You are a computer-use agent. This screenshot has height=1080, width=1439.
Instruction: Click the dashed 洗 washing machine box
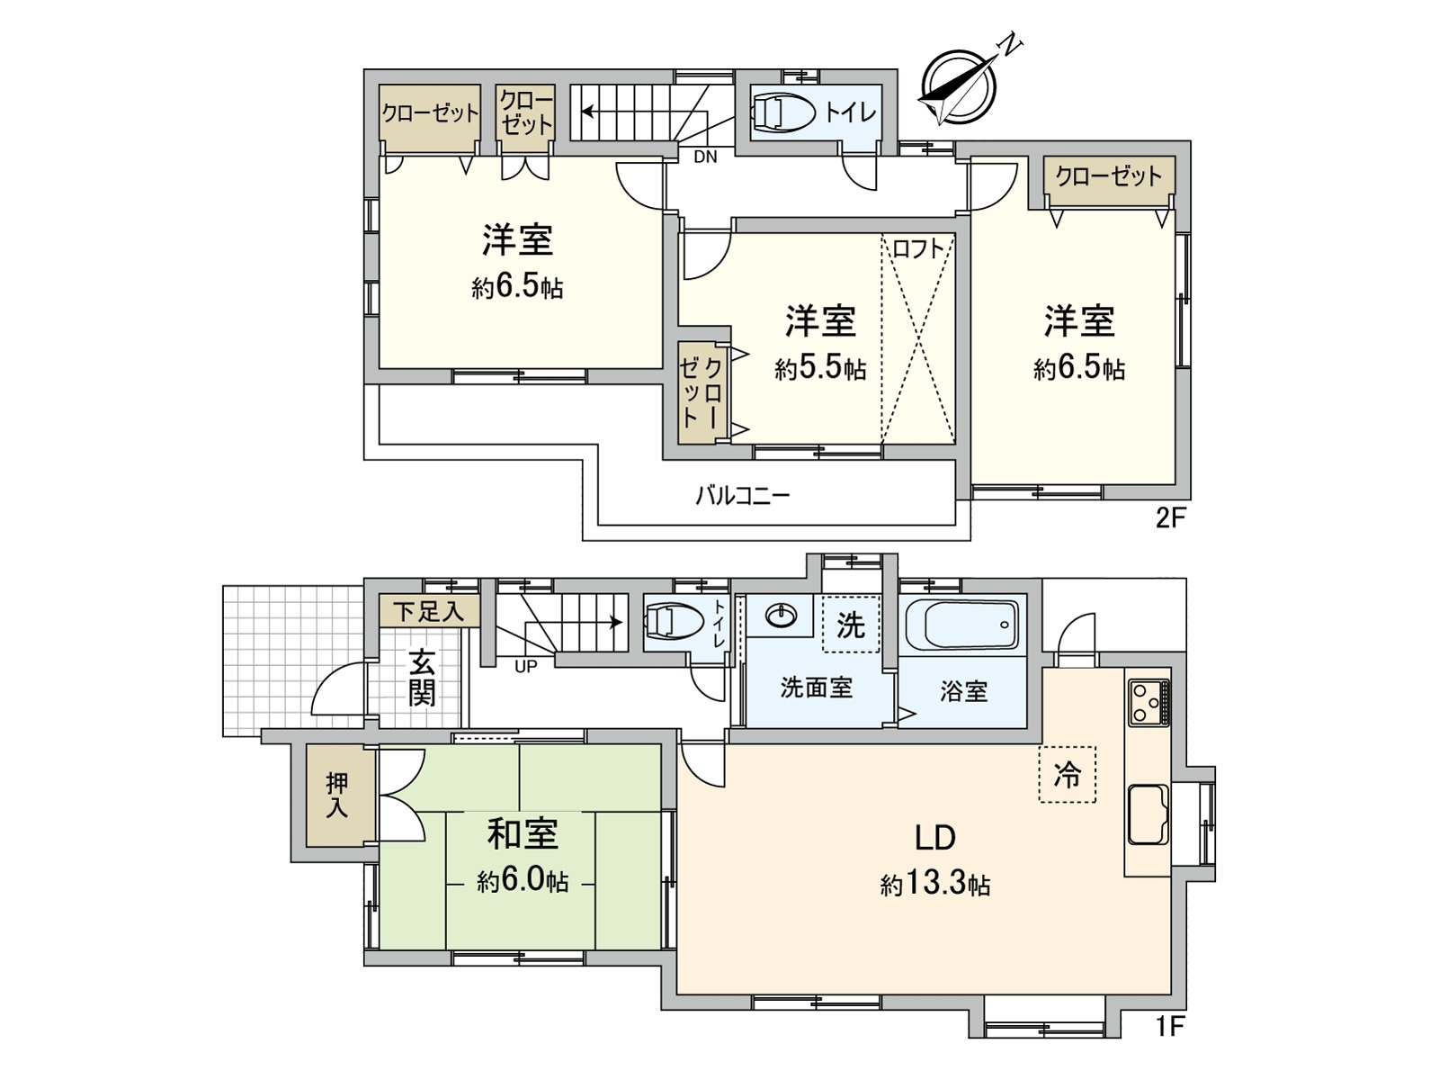[850, 625]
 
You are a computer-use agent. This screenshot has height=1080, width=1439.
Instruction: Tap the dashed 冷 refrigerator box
[1068, 774]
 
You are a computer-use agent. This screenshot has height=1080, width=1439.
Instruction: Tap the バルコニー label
[743, 495]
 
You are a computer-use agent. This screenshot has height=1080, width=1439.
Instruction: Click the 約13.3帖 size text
[935, 885]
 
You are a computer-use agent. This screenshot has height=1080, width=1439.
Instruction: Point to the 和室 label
[523, 833]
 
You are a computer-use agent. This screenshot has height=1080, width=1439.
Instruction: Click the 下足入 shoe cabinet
[429, 612]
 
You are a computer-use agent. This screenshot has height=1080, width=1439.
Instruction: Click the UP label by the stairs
[526, 667]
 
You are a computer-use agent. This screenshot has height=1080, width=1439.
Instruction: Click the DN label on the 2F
[705, 157]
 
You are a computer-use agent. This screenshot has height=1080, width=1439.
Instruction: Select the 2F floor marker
[1166, 519]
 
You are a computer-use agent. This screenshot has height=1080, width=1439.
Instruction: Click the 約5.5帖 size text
[820, 368]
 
